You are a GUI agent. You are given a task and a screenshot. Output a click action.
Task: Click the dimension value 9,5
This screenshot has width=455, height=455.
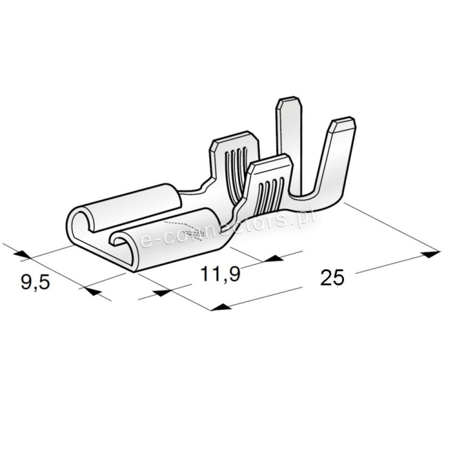coord(35,283)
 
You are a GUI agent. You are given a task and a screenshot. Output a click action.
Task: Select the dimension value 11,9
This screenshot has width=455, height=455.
coord(221,274)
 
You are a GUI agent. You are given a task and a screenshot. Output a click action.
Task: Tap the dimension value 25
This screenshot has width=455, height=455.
coord(332,278)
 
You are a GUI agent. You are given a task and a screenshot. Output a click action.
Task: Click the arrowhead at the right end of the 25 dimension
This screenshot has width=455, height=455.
coord(431,254)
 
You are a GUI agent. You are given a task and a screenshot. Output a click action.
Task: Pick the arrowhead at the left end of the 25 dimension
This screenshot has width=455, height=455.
coord(221,307)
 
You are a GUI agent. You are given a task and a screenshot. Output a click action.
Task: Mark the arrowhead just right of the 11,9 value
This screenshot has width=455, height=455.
coord(274,258)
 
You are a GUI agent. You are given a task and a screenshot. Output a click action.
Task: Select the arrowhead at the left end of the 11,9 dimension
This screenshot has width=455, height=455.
coord(160,292)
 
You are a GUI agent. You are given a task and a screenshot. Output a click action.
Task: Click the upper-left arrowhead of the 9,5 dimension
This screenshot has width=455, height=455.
coord(22,254)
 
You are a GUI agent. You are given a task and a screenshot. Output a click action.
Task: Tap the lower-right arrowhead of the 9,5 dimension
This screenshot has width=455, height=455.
coord(92,291)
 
